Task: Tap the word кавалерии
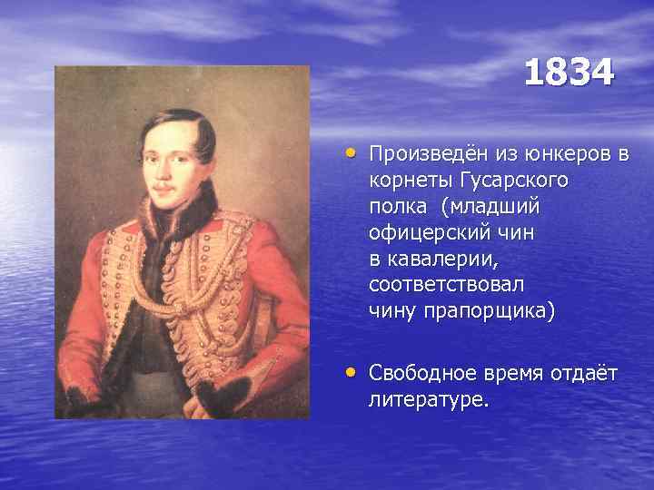click(446, 259)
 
